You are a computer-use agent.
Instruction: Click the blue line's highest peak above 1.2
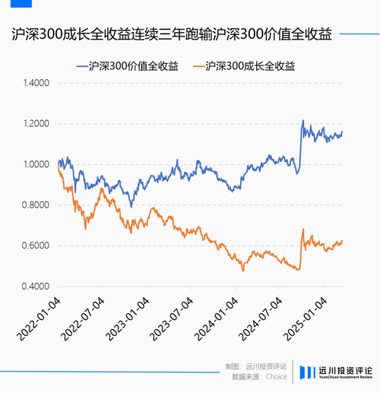click(303, 120)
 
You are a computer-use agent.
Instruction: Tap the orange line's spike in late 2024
click(303, 230)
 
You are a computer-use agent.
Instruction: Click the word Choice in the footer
click(276, 376)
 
